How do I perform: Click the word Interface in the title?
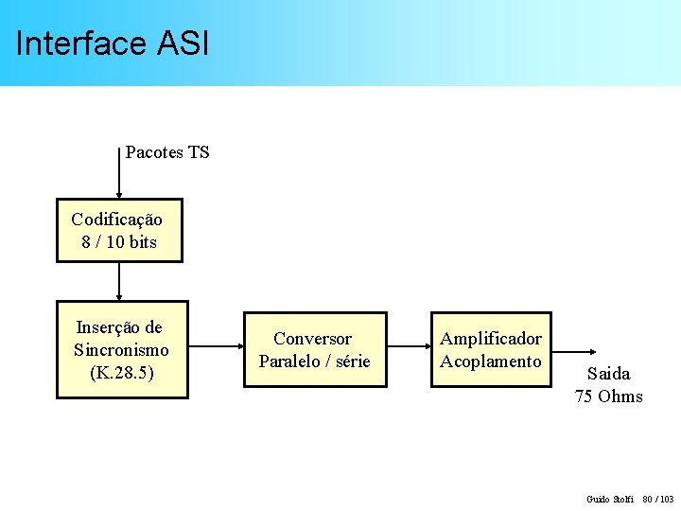coord(80,44)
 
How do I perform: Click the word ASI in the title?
coord(181,44)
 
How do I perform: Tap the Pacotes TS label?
coord(167,152)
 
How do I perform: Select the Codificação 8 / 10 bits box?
coord(119,230)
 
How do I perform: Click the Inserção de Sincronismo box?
coord(121,350)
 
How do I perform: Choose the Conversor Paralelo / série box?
coord(315,349)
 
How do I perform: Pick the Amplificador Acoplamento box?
coord(491,349)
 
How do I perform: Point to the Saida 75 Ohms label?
coord(608,385)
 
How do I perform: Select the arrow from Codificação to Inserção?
coord(119,281)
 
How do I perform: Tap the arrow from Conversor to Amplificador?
coord(409,349)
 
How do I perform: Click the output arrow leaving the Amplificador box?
coord(567,349)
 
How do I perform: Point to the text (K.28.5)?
coord(122,373)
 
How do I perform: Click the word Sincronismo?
coord(121,350)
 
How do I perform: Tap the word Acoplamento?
coord(491,361)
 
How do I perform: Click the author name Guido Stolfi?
coord(610,499)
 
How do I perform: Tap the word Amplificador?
coord(491,339)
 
